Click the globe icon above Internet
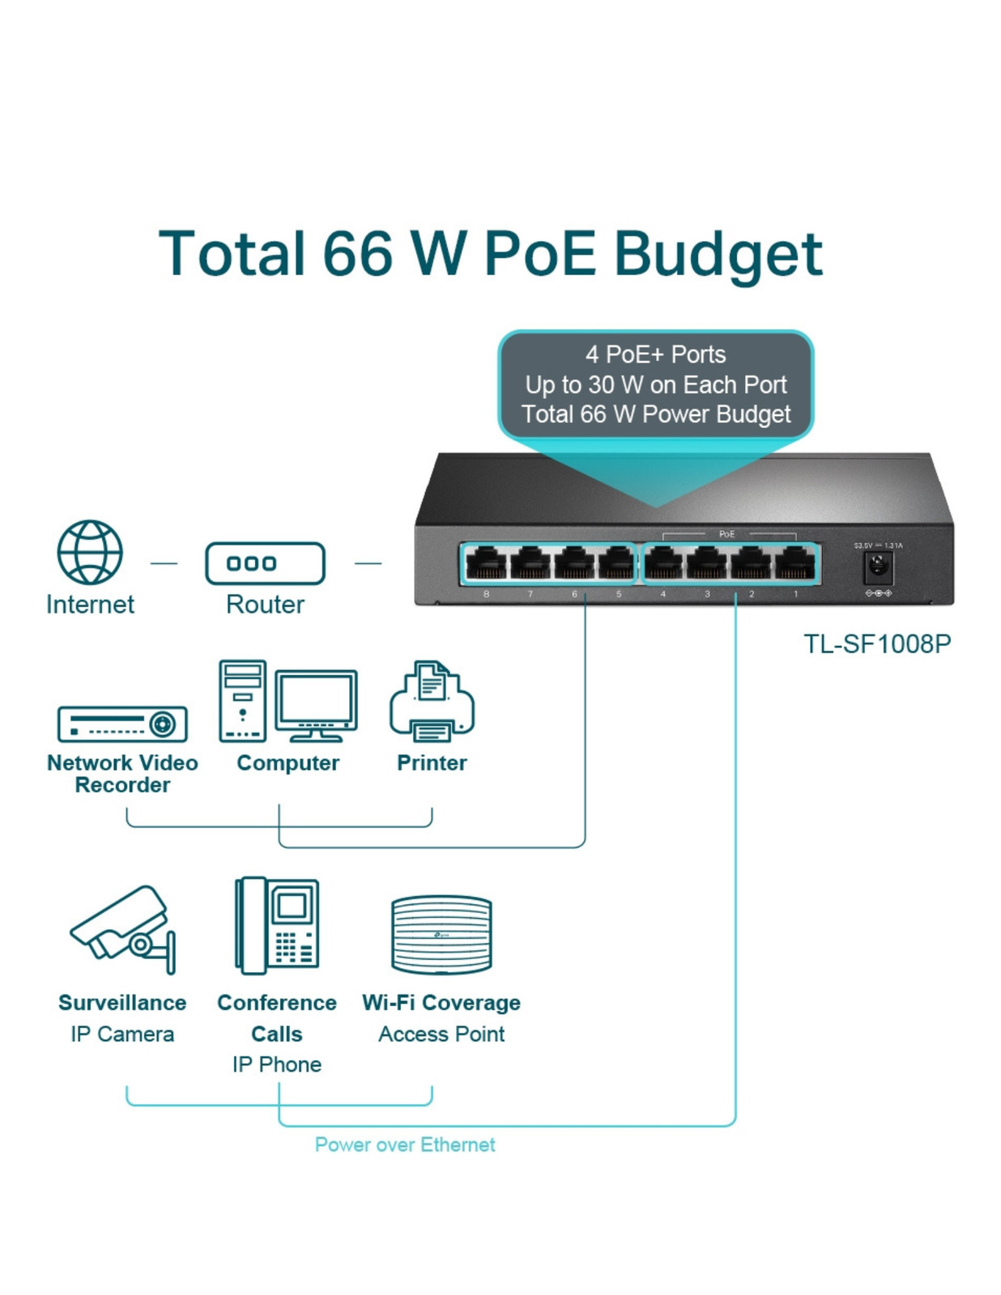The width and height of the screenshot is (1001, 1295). coord(90,552)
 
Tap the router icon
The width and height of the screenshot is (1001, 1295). coord(265,563)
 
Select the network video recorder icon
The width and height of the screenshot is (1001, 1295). coord(122,724)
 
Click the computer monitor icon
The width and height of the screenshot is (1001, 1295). coord(316,704)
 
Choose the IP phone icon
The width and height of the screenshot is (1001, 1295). coord(277,925)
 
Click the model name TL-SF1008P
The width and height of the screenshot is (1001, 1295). coord(876,644)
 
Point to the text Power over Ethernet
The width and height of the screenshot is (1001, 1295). coord(405,1144)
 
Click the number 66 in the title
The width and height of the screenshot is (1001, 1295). coord(359,253)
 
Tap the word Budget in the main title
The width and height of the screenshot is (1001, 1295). coord(718,255)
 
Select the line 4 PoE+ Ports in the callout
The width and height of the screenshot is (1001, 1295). coord(655,355)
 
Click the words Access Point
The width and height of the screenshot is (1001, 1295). coord(441,1034)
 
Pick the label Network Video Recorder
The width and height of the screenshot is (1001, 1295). coord(122,774)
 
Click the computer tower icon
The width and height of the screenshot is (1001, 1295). coord(243,701)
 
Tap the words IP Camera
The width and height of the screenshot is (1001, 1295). coord(122,1034)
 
